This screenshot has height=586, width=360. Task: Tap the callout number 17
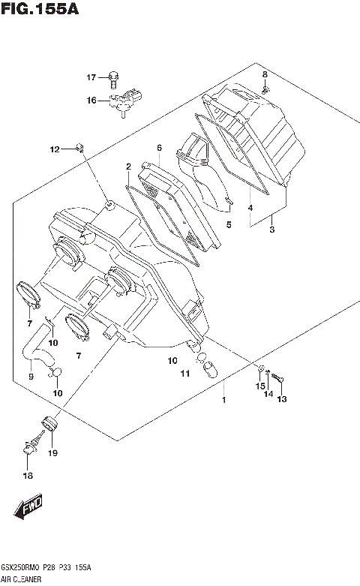click(91, 77)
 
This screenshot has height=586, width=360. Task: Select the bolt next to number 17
click(114, 77)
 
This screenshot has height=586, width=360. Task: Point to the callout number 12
click(54, 150)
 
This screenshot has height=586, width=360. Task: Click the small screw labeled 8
click(265, 89)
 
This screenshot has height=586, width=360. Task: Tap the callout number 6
click(159, 148)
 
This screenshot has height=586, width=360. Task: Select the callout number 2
click(128, 166)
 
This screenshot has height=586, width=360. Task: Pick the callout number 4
click(250, 208)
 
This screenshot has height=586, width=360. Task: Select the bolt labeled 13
click(278, 380)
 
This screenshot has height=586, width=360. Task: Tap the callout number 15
click(260, 386)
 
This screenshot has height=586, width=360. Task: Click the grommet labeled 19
click(50, 425)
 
